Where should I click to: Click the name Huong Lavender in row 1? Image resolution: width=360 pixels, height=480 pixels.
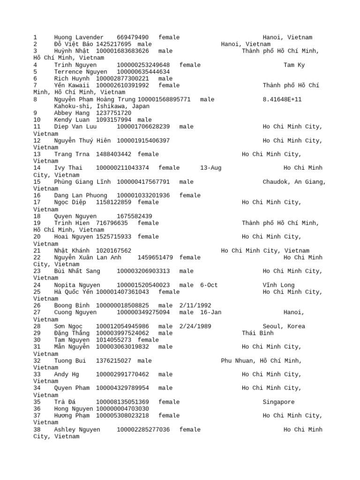click(78, 37)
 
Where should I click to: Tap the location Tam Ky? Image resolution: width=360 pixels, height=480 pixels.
click(294, 65)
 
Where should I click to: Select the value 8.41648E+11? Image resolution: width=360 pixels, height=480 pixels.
click(282, 99)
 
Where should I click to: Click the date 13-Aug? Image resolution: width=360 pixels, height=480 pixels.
click(210, 168)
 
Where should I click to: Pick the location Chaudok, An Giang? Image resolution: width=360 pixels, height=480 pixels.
click(294, 181)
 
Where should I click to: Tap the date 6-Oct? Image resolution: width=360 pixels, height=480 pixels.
click(209, 285)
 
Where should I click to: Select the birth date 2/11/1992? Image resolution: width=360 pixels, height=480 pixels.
click(195, 305)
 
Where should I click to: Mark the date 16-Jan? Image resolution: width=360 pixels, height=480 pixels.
click(210, 312)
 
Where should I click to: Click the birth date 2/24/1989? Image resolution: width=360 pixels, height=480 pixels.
click(195, 326)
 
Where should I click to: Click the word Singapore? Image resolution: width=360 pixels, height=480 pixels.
click(278, 402)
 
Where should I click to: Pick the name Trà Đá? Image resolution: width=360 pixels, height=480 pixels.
click(65, 402)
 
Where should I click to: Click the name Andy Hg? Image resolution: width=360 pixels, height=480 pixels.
click(67, 374)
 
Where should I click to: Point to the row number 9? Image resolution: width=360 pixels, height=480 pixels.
click(35, 113)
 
